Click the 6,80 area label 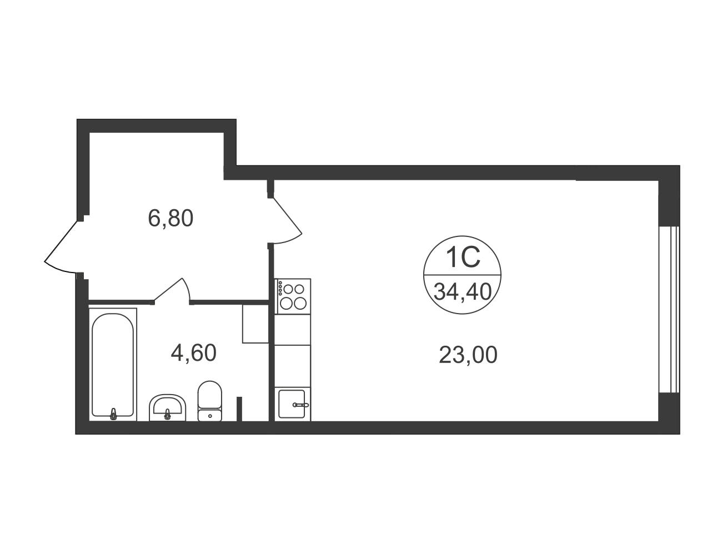171,219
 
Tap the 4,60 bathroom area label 193,352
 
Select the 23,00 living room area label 468,355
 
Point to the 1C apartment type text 463,258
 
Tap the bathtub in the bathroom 113,365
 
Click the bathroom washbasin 168,407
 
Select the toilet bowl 209,401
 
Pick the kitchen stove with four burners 293,296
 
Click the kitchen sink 292,404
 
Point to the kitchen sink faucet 300,405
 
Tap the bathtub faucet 113,414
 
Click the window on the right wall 669,310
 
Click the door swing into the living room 287,221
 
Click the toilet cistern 209,415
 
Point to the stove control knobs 280,288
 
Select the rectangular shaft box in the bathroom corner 255,324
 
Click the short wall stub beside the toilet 239,409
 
